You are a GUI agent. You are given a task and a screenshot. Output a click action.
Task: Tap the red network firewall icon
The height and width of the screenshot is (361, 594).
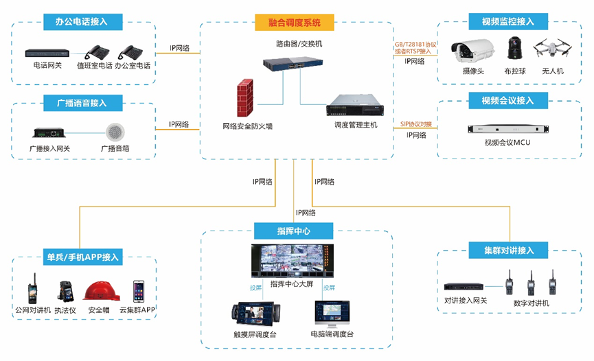[245, 99]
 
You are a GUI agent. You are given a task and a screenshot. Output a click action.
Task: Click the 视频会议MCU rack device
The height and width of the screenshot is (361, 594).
[507, 129]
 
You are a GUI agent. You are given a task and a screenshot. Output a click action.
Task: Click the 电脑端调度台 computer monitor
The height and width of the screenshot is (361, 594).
[332, 313]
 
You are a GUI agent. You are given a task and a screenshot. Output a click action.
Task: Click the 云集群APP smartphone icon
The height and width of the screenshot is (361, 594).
[139, 291]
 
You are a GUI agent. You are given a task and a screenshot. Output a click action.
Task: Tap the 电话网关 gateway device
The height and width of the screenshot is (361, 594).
[47, 53]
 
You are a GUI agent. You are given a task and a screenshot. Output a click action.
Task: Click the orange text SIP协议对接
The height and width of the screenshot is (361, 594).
[416, 124]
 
